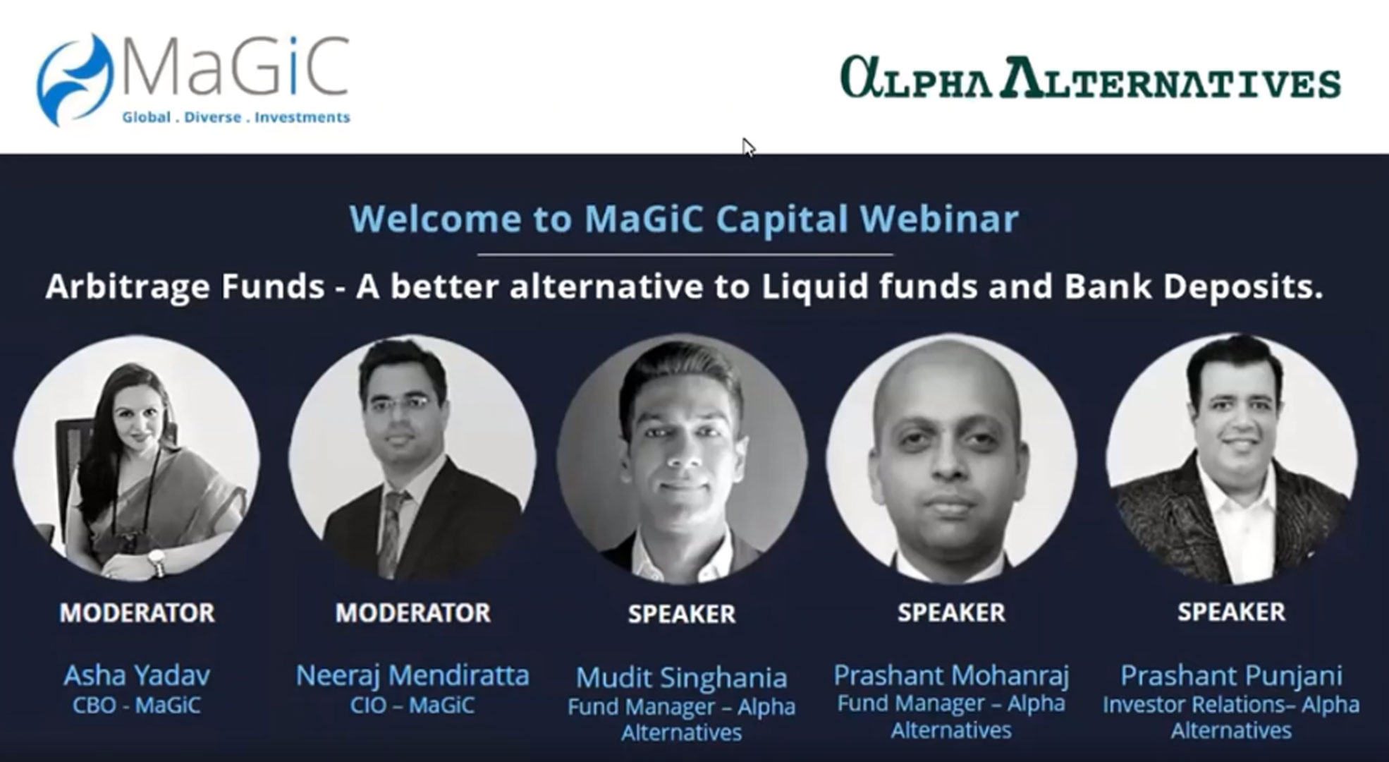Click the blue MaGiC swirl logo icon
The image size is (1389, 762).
tap(74, 80)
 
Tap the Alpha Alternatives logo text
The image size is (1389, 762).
tap(1091, 77)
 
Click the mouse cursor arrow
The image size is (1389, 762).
tap(748, 147)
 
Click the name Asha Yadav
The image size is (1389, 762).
tap(137, 675)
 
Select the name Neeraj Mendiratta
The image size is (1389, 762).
tap(412, 675)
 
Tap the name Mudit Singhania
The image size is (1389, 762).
tap(681, 677)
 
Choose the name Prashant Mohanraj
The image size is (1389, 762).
tap(951, 675)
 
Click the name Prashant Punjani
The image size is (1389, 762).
tap(1231, 675)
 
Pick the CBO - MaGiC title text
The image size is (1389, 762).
tap(137, 705)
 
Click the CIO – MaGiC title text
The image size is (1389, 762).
tap(412, 705)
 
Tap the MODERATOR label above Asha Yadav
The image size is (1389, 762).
tap(137, 612)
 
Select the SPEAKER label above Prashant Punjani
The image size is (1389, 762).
tap(1231, 612)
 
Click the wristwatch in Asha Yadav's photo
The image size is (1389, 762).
tap(156, 562)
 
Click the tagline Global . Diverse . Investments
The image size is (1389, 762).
tap(236, 117)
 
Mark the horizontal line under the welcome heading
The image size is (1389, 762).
tap(685, 253)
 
